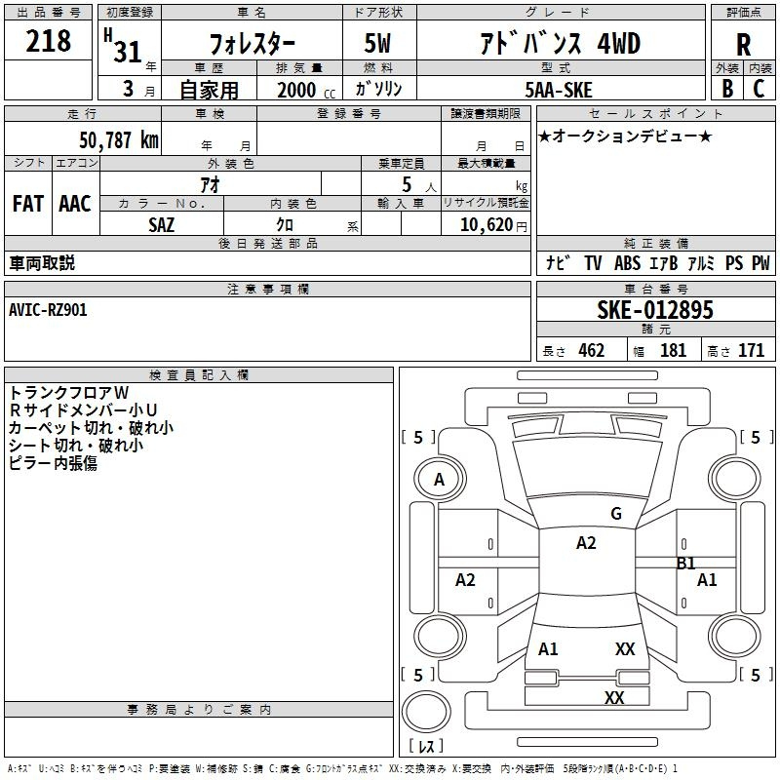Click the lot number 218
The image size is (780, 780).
(49, 42)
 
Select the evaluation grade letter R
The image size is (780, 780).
(743, 45)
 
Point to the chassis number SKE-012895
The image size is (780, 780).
(654, 310)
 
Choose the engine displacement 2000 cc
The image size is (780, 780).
(303, 90)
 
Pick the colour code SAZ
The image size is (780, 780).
(163, 223)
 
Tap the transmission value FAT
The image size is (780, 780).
(28, 204)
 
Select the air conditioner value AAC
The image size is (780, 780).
(75, 204)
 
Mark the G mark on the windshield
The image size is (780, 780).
(615, 514)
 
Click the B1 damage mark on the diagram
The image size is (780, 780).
(686, 563)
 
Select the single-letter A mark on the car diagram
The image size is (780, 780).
(439, 480)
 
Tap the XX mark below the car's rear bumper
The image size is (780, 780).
(614, 697)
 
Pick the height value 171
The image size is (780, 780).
(751, 351)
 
